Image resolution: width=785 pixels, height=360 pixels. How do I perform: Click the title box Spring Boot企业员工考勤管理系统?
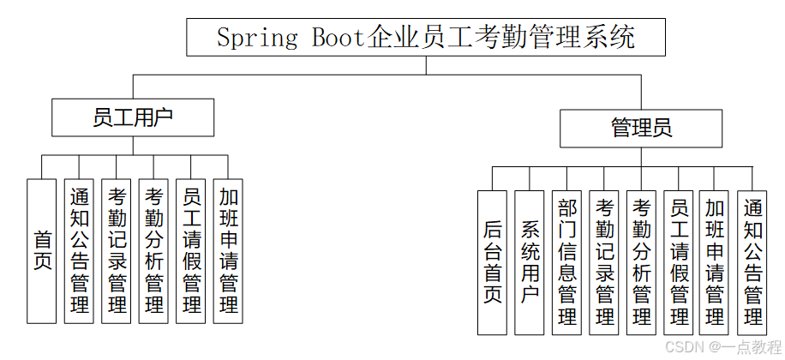pos(425,38)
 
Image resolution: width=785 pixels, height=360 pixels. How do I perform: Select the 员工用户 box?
pos(133,117)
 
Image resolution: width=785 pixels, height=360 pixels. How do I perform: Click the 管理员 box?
pos(641,128)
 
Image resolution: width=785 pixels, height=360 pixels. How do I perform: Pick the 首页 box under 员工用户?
pos(42,250)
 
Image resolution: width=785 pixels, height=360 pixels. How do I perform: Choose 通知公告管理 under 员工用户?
pos(79,250)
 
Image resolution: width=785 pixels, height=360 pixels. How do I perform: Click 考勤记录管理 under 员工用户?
pos(116,250)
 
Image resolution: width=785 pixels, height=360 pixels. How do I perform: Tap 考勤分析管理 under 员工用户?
pos(153,250)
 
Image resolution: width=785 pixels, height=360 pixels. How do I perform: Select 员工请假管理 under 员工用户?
pos(191,250)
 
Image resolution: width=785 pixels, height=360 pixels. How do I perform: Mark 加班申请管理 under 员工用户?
pos(228,250)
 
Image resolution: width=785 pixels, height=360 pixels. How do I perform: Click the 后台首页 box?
pos(492,261)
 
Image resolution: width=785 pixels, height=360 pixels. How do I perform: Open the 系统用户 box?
pos(530,261)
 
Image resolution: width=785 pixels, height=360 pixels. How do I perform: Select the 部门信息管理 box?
pos(566,261)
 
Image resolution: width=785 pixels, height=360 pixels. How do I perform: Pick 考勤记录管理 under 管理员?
pos(604,261)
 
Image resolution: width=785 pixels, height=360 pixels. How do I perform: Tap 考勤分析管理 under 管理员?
pos(641,261)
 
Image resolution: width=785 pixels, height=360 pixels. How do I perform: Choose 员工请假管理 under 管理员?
pos(679,261)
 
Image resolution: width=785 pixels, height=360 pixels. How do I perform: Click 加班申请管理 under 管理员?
pos(715,261)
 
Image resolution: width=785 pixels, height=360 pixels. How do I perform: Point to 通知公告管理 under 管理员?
pos(752,261)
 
